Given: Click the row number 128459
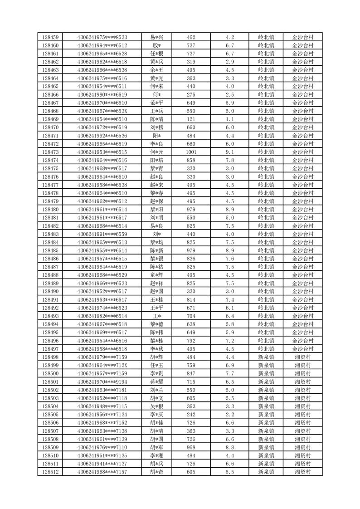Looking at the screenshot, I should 50,37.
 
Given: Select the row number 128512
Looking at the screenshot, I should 50,472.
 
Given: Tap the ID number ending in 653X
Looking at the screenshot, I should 102,111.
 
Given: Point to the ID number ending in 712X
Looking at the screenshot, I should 102,365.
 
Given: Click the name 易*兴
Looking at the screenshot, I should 157,37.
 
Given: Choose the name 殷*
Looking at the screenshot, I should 157,45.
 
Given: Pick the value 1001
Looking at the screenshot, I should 191,152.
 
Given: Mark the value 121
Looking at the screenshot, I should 191,119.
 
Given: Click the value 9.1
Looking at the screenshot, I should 230,152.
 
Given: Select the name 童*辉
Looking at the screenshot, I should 157,275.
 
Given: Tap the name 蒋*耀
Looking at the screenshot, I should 157,382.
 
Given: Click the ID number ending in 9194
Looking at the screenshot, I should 102,382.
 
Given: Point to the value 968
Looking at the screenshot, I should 191,447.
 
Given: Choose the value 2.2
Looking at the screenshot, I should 230,414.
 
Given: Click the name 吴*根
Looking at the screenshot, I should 157,406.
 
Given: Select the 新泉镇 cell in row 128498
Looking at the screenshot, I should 266,357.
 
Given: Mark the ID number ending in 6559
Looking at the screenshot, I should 102,234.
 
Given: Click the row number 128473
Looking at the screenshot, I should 50,152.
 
